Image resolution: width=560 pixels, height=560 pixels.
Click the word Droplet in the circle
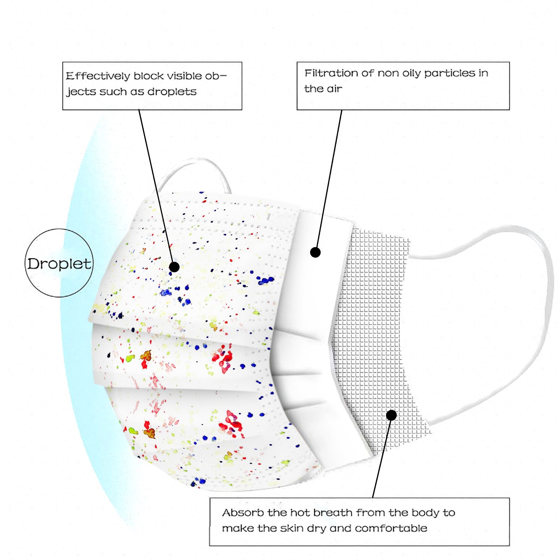click(59, 264)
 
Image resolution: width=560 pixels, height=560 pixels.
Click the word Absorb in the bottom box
click(243, 513)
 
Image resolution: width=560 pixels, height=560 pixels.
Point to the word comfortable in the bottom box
click(391, 528)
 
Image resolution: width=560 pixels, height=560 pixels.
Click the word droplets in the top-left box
click(172, 92)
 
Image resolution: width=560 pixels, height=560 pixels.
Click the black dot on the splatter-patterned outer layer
click(174, 267)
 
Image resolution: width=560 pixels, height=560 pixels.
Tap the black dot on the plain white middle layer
click(315, 252)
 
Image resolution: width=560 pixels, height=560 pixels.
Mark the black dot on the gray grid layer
click(391, 415)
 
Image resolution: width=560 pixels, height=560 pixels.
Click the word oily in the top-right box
click(411, 73)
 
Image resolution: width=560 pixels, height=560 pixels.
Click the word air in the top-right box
click(334, 89)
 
